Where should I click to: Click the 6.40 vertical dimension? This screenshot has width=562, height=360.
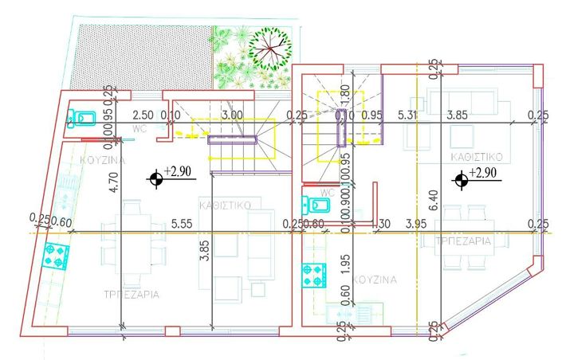click(434, 193)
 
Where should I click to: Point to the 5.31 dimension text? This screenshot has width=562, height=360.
click(409, 115)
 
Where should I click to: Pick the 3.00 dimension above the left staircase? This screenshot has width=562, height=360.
click(232, 115)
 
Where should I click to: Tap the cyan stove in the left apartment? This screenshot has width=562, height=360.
click(56, 256)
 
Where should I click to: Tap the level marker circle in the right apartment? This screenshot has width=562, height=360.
click(460, 181)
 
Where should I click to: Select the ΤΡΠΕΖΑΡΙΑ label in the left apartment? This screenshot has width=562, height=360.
click(131, 294)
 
